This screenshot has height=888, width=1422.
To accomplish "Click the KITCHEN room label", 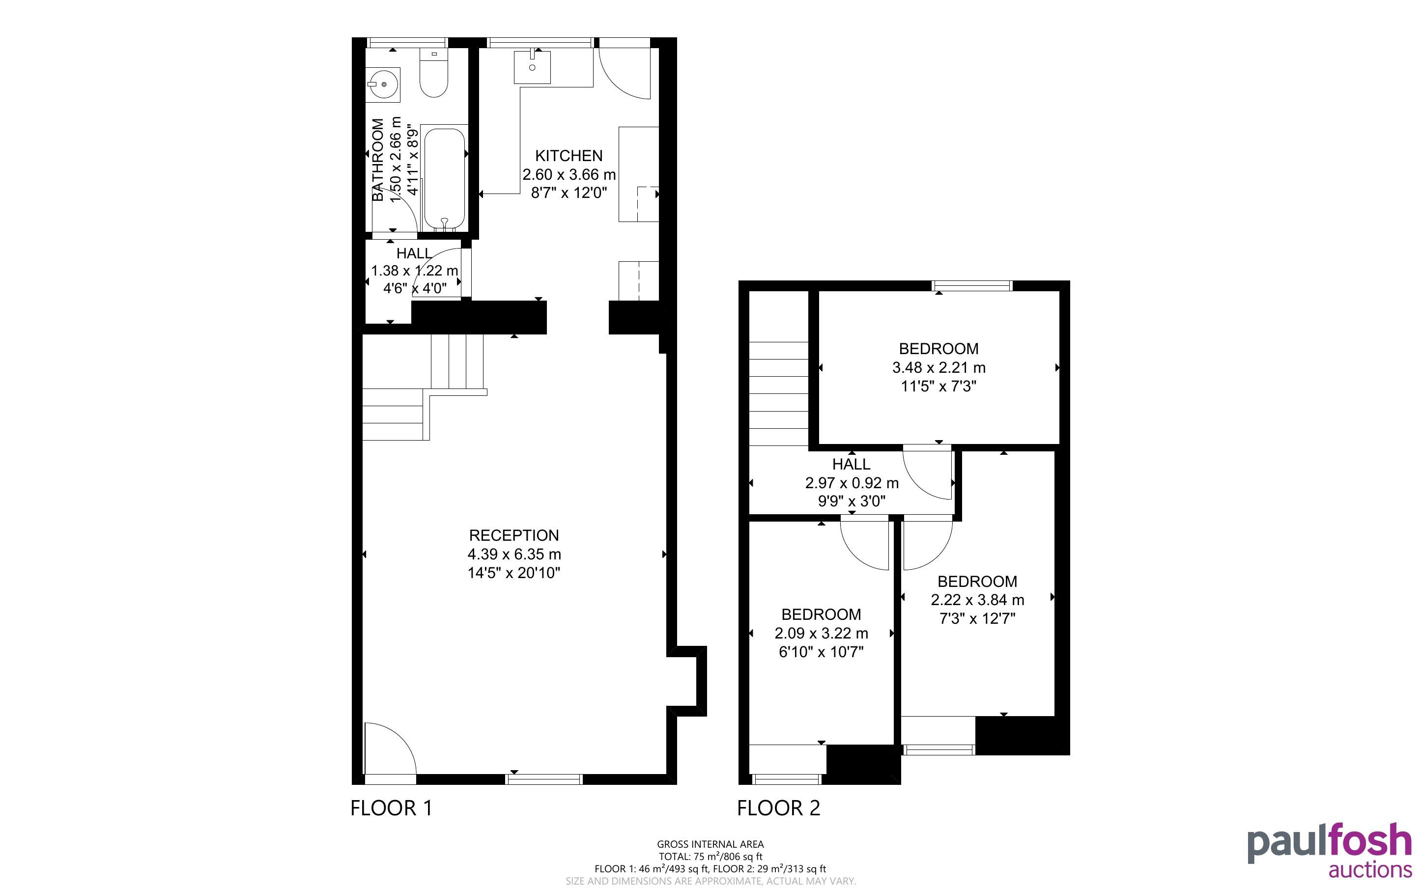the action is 569,156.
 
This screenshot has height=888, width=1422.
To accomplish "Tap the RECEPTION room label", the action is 514,536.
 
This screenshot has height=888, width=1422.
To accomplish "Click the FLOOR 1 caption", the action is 391,808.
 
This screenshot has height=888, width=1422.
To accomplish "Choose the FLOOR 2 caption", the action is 778,808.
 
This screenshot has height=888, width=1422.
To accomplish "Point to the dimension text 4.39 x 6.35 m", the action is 514,554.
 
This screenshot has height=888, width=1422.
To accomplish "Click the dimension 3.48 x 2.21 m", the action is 939,368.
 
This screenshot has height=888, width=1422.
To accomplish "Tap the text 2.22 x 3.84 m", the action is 977,600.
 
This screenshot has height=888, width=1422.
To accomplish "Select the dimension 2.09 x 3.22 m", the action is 821,633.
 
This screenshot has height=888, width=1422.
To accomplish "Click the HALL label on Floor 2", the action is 851,464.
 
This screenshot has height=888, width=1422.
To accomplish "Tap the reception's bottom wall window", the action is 544,779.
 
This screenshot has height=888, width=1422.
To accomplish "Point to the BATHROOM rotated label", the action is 378,160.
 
